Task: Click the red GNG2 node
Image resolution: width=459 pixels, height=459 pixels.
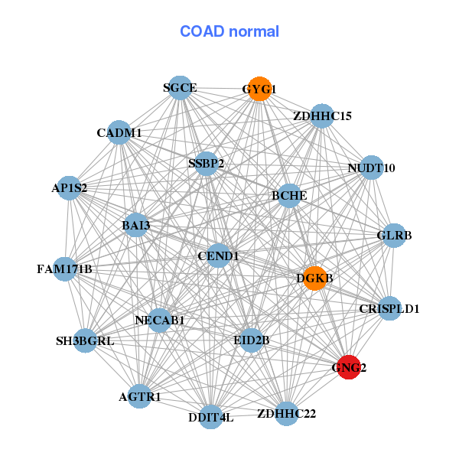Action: pos(349,367)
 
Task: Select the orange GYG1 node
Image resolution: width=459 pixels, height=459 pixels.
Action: pos(259,89)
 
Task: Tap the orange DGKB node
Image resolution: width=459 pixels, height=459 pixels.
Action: pos(314,278)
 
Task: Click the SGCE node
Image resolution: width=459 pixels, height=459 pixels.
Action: pos(179,88)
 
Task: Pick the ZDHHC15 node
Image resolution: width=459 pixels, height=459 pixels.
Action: pos(322,116)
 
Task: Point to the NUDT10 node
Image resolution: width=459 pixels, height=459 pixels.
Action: pos(371,168)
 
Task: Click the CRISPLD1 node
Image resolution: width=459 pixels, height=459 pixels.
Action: pos(389,309)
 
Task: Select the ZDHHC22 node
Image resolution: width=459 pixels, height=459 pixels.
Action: pos(286,414)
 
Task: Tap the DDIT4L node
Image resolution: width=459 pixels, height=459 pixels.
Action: pos(210,417)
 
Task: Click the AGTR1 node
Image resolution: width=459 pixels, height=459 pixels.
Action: pos(139,397)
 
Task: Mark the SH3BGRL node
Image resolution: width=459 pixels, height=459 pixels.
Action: pos(85,340)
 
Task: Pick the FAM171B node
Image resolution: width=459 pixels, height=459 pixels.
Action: pos(65,269)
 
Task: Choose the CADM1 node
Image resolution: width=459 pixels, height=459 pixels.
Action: pos(119,133)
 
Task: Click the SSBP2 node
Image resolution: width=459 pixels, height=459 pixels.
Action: pos(206,163)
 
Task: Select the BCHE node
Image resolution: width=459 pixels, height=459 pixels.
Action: pos(289,196)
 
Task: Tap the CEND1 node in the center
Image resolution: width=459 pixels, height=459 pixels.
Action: pos(219,256)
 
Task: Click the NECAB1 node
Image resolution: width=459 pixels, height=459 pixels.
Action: pos(160,320)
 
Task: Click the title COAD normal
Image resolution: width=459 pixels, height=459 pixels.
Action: pos(229,31)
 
